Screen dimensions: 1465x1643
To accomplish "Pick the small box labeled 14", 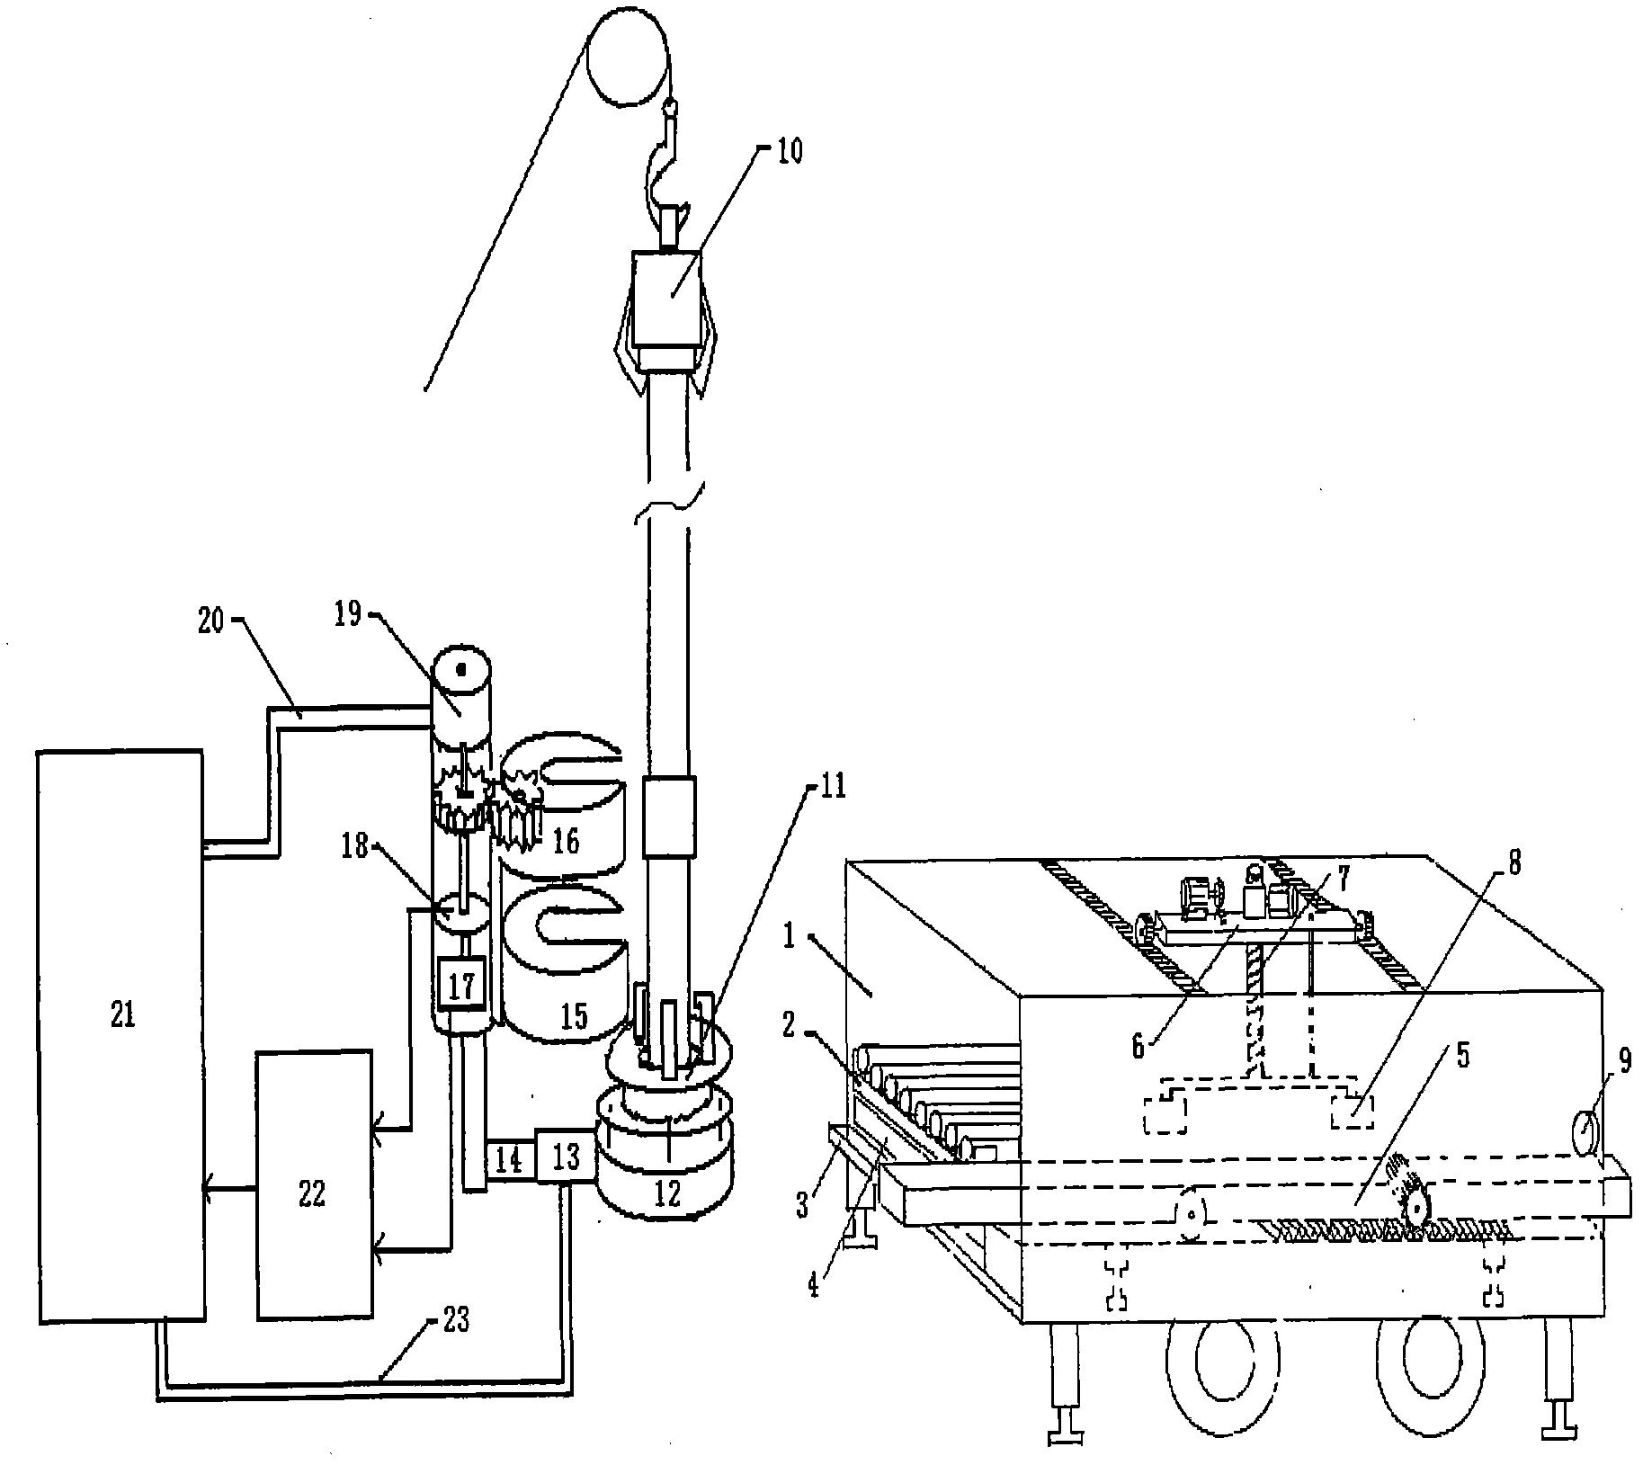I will (x=508, y=1160).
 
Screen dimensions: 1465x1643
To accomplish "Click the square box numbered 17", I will (x=461, y=986).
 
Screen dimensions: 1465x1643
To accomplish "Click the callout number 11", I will (x=832, y=787).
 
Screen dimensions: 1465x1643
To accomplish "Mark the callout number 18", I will (x=356, y=845).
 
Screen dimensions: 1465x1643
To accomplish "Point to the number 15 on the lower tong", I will (x=574, y=1014).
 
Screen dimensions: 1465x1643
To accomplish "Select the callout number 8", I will (x=1514, y=864).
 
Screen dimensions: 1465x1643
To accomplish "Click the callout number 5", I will (x=1461, y=1056).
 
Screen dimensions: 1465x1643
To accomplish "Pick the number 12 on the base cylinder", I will (x=667, y=1193).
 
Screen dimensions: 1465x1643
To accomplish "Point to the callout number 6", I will (x=1138, y=1045).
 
